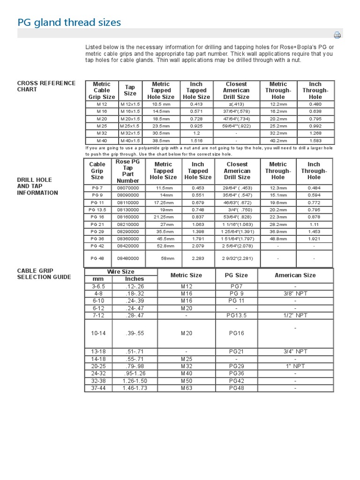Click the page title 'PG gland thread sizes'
(69, 22)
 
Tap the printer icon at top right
(337, 35)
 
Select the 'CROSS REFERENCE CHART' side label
(46, 86)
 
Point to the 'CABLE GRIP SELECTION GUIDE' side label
(44, 274)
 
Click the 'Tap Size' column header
(130, 90)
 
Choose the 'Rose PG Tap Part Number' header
(128, 171)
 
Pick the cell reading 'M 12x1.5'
(130, 104)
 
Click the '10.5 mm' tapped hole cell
(160, 104)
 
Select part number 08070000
(128, 187)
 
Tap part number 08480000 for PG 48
(128, 258)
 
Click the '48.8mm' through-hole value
(278, 239)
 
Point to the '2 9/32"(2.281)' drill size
(237, 258)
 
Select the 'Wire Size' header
(121, 272)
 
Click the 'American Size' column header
(295, 275)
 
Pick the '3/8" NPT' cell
(295, 293)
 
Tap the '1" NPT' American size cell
(295, 366)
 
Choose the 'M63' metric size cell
(186, 388)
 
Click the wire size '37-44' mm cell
(98, 388)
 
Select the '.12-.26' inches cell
(135, 286)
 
